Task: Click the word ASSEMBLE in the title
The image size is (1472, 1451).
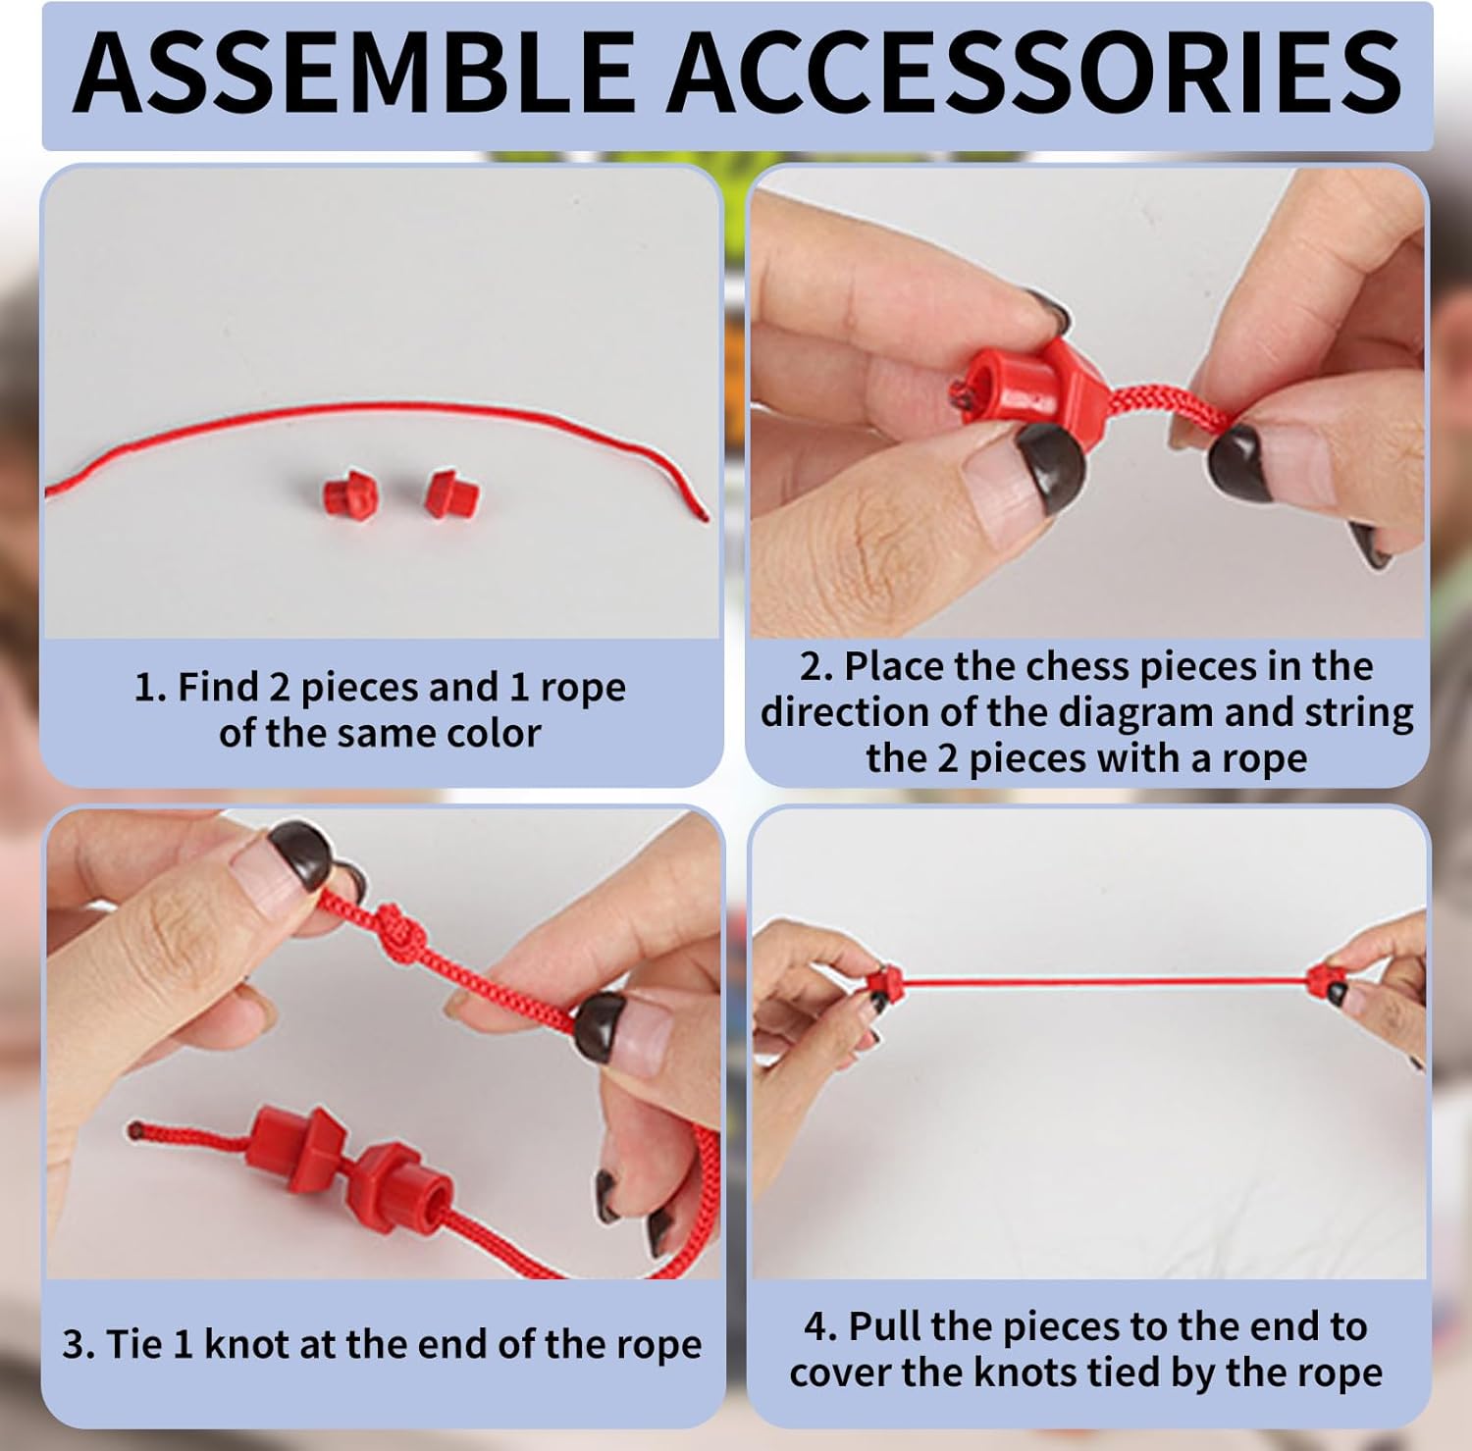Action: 354,73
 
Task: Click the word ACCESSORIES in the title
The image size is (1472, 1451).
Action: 1034,73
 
